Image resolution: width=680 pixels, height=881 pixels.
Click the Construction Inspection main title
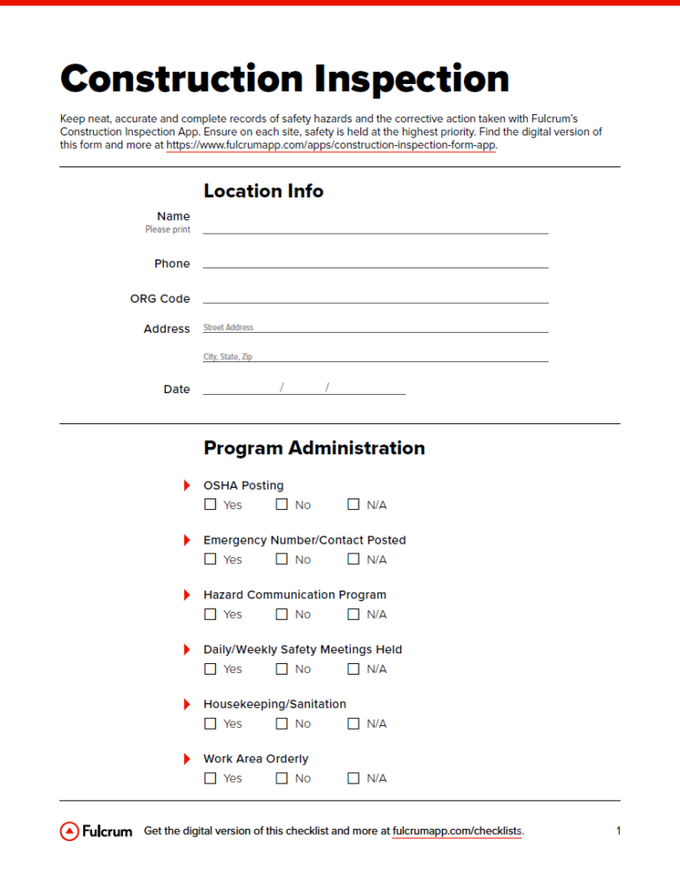284,79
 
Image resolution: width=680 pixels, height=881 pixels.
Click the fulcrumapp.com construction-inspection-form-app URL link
331,145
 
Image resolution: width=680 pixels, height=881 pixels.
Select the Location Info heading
263,191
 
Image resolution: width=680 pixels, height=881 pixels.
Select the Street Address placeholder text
228,328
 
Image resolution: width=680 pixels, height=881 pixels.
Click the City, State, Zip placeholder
228,357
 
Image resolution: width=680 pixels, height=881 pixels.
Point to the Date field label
176,390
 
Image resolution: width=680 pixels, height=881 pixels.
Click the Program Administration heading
313,448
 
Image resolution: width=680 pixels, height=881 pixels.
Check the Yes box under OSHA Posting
210,505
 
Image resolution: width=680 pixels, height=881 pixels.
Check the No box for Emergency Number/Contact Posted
282,560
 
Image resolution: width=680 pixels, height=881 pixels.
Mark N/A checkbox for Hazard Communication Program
353,614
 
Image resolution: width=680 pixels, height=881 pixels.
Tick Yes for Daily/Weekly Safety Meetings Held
210,669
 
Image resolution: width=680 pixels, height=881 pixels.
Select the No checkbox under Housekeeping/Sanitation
282,723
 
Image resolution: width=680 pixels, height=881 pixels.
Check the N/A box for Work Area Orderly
353,778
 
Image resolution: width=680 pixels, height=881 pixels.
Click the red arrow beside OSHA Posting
187,485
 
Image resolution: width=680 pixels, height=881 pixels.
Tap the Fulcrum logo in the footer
96,831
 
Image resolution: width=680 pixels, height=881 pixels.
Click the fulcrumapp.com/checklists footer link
457,831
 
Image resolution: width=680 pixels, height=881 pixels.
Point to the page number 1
618,831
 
